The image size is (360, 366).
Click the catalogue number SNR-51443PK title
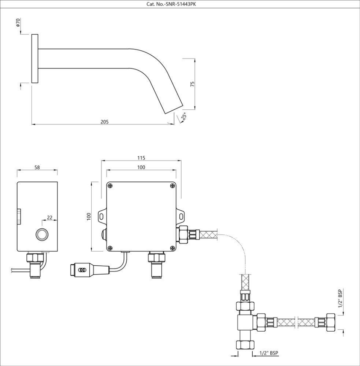pyautogui.click(x=180, y=4)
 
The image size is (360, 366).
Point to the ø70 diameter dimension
pyautogui.click(x=18, y=23)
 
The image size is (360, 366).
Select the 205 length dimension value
pyautogui.click(x=104, y=122)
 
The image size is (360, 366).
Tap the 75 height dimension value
pyautogui.click(x=192, y=84)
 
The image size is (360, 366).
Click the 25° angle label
pyautogui.click(x=184, y=117)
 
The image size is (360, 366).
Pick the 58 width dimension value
pyautogui.click(x=37, y=167)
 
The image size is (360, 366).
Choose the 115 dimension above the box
pyautogui.click(x=142, y=157)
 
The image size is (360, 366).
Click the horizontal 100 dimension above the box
pyautogui.click(x=142, y=167)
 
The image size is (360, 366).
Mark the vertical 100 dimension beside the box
pyautogui.click(x=89, y=217)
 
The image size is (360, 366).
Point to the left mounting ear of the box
pyautogui.click(x=102, y=215)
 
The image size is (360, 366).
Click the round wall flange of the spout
pyautogui.click(x=35, y=58)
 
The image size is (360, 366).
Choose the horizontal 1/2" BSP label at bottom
pyautogui.click(x=269, y=353)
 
